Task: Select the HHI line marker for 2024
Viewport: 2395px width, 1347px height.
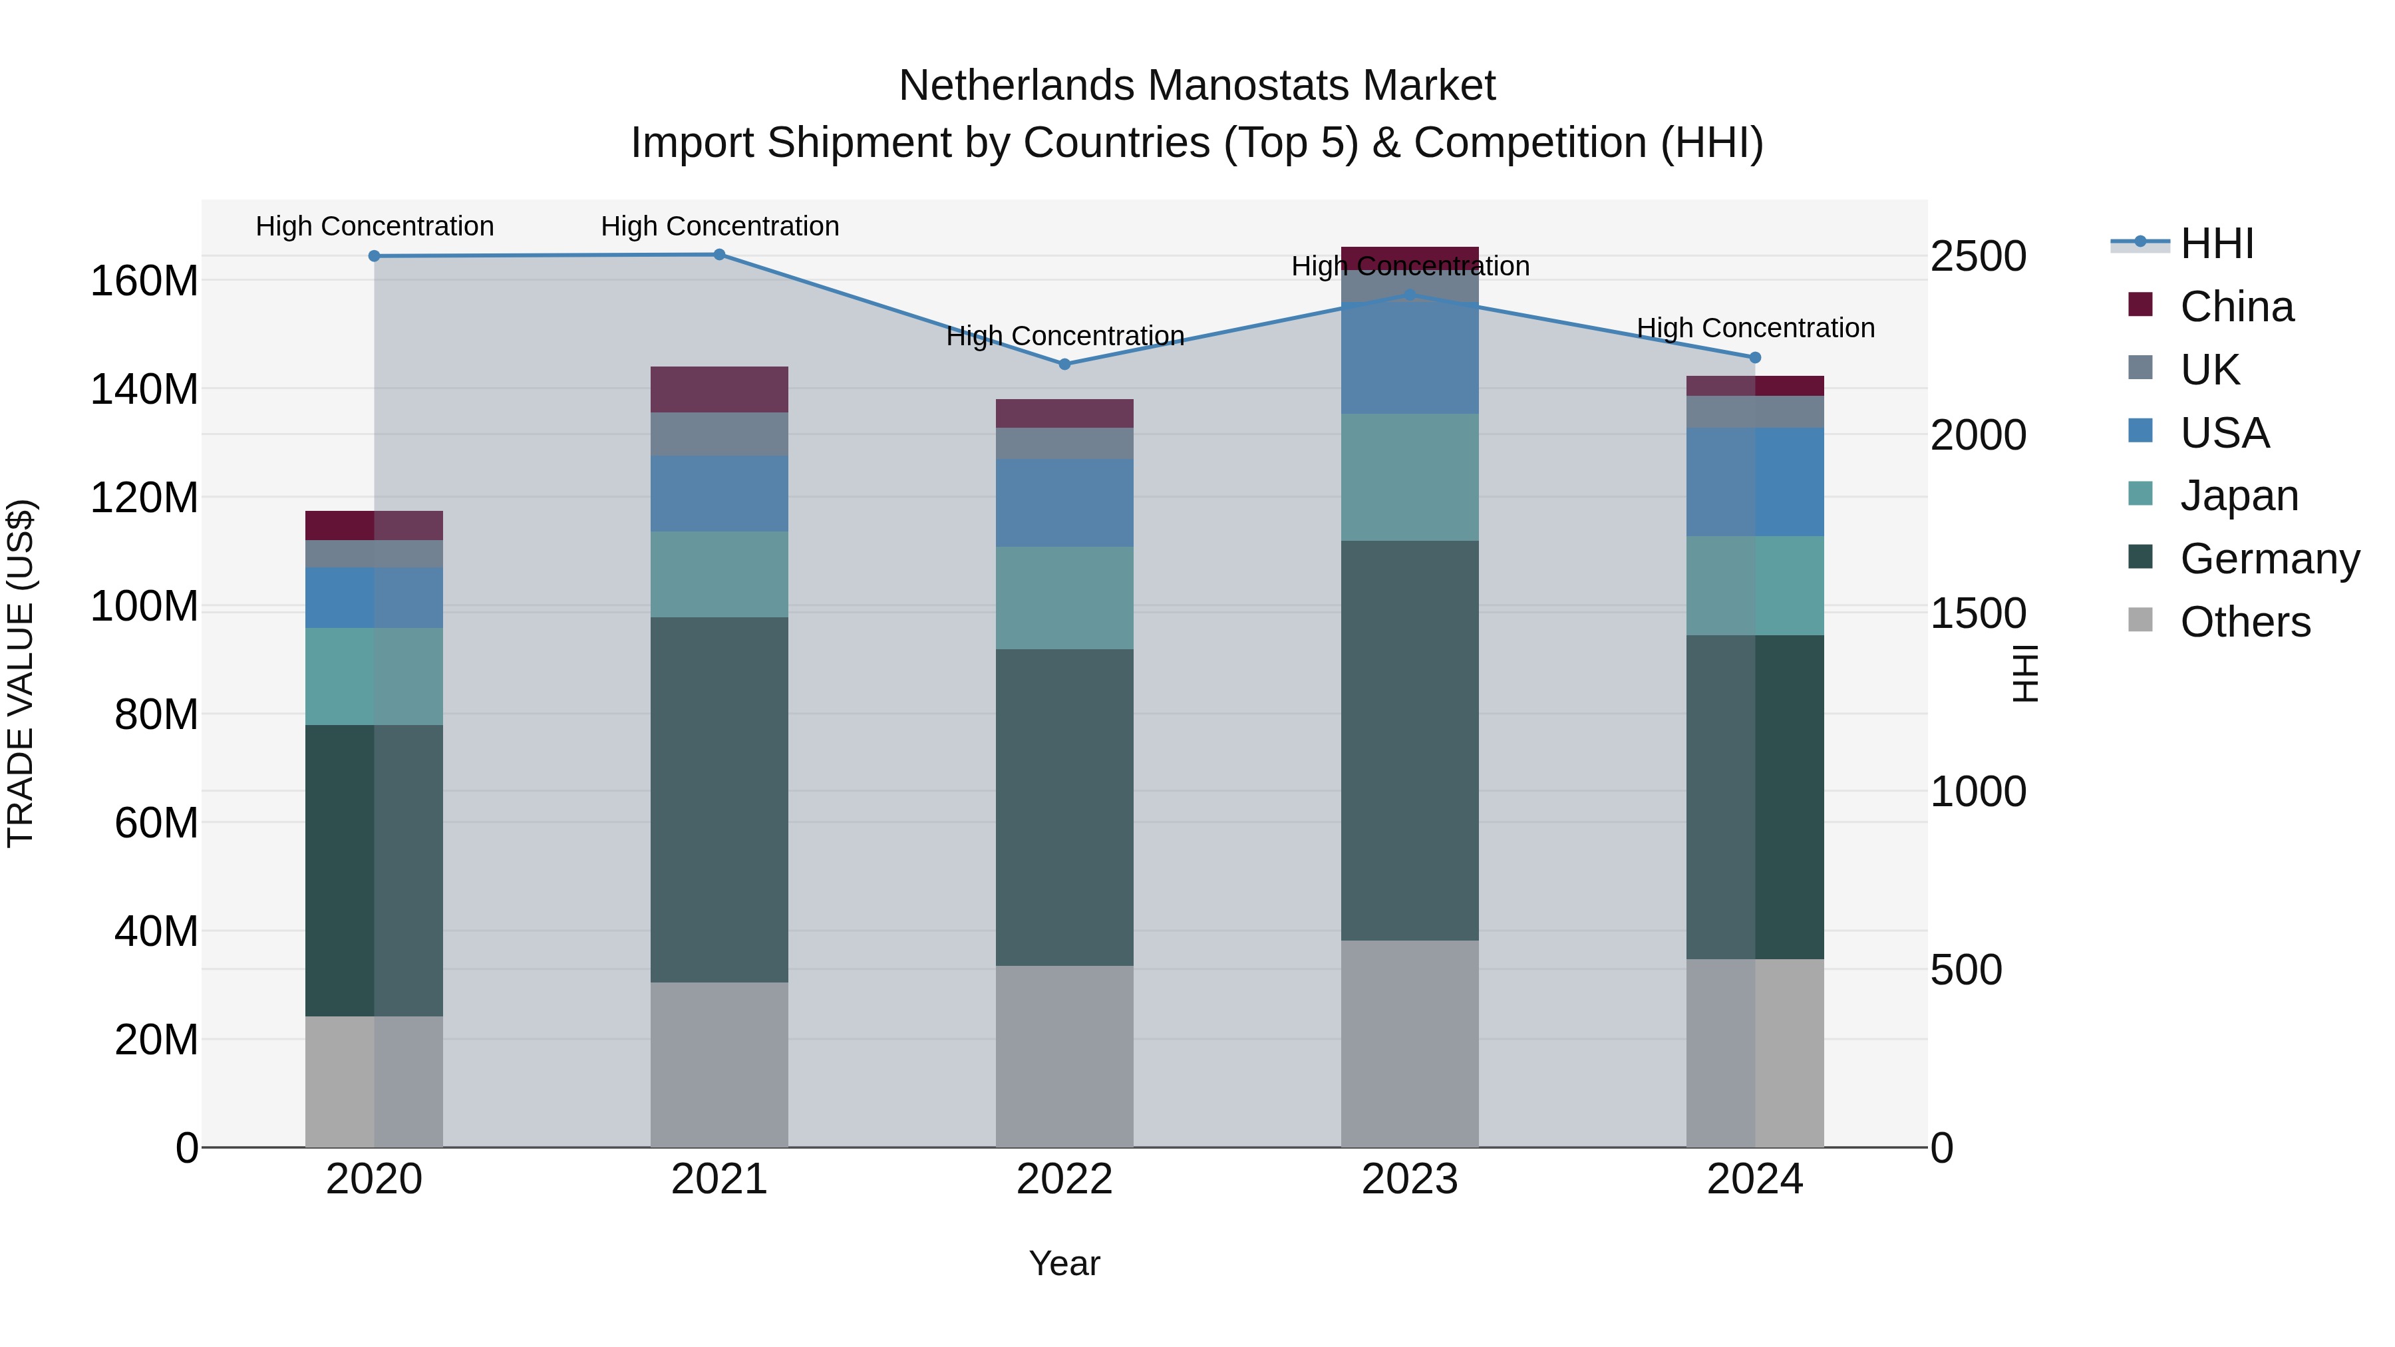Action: [x=1756, y=358]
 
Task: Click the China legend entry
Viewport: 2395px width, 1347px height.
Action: [x=2236, y=307]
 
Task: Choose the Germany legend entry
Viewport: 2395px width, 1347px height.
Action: [x=2269, y=559]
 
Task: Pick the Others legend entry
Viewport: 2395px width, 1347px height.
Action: [x=2245, y=622]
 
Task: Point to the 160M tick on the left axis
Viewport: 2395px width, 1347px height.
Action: [x=144, y=281]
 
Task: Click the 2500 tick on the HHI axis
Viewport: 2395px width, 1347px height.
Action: [x=1979, y=257]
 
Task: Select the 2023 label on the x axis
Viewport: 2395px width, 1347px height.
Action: [x=1410, y=1179]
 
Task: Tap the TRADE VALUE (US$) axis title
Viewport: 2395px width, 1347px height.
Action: [x=21, y=673]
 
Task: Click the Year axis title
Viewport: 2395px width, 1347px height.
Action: [x=1064, y=1263]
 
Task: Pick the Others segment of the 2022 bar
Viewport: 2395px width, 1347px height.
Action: [x=1064, y=1056]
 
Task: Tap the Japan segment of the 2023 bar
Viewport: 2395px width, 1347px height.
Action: [x=1410, y=477]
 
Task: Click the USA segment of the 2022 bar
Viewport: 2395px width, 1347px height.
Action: [x=1064, y=502]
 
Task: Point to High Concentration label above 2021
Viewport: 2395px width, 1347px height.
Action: [x=720, y=226]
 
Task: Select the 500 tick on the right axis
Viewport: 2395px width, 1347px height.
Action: [x=1967, y=971]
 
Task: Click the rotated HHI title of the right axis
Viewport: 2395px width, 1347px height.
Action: [x=2025, y=673]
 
